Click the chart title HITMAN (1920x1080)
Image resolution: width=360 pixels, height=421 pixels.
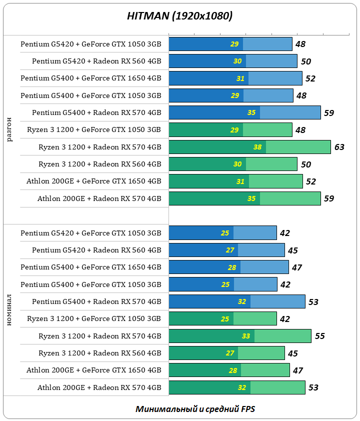pos(179,16)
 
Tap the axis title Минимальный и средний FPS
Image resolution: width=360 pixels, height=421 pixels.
pos(195,409)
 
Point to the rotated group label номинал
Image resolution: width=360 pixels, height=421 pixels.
pos(10,310)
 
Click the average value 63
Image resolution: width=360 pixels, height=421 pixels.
pos(339,147)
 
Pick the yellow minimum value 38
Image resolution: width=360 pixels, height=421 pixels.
pos(257,147)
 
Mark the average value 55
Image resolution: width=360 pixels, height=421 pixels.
pos(319,336)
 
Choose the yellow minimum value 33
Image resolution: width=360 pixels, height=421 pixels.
pos(246,336)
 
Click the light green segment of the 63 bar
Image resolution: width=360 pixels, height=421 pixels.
pos(298,147)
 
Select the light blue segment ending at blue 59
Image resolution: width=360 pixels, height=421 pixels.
pos(290,112)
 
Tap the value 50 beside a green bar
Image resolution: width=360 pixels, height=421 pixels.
pos(306,164)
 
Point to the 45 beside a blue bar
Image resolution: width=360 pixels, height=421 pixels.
pos(293,250)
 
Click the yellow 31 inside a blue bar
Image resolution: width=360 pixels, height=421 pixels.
pos(240,78)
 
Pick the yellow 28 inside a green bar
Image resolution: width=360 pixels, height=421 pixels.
pos(232,370)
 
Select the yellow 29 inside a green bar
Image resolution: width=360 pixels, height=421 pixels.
pos(234,130)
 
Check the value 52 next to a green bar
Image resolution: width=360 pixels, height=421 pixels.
pos(311,181)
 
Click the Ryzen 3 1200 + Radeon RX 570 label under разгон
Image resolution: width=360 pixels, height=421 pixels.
pos(100,147)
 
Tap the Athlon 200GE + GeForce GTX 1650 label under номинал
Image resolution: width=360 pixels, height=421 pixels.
pos(94,370)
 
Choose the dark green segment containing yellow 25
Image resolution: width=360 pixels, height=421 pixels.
pos(201,318)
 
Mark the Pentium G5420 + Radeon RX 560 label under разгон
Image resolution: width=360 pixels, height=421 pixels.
pos(96,61)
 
